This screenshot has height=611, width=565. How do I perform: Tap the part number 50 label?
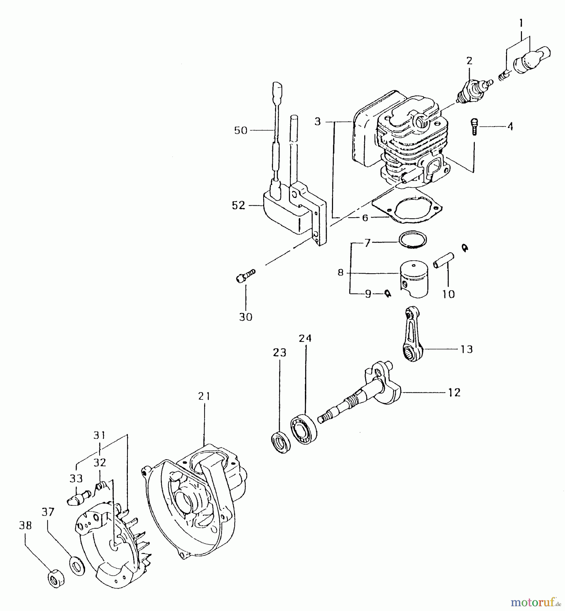(241, 130)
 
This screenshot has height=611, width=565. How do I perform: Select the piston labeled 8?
(414, 279)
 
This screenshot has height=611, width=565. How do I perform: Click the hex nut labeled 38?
(55, 577)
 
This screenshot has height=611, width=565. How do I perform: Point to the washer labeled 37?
(77, 565)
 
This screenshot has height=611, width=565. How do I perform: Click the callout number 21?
(204, 396)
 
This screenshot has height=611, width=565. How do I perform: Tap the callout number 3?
(317, 122)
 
